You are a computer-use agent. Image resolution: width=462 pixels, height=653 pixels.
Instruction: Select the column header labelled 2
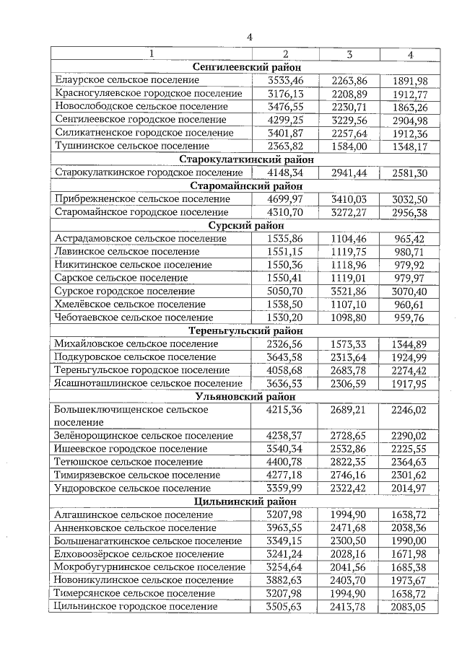point(285,54)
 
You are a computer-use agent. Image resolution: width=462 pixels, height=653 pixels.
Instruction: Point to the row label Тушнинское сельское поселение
point(126,146)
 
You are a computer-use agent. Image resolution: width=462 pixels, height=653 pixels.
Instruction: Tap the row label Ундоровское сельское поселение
point(129,488)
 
